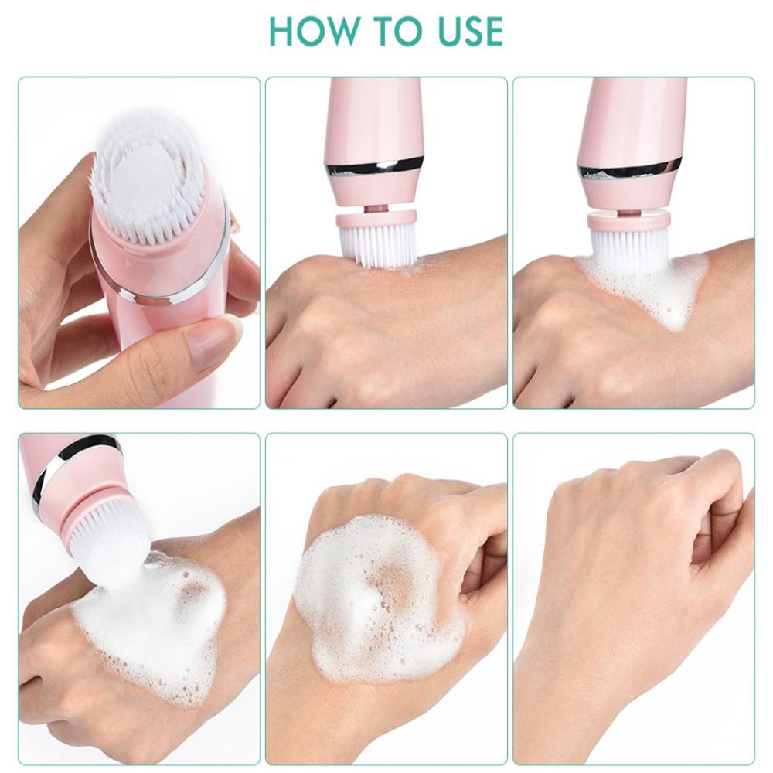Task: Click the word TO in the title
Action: coord(390,31)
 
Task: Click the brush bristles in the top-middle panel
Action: coord(377,246)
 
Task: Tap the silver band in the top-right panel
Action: coord(630,168)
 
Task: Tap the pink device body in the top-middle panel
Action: coord(375,116)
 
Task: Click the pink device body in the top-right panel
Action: coord(630,116)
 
